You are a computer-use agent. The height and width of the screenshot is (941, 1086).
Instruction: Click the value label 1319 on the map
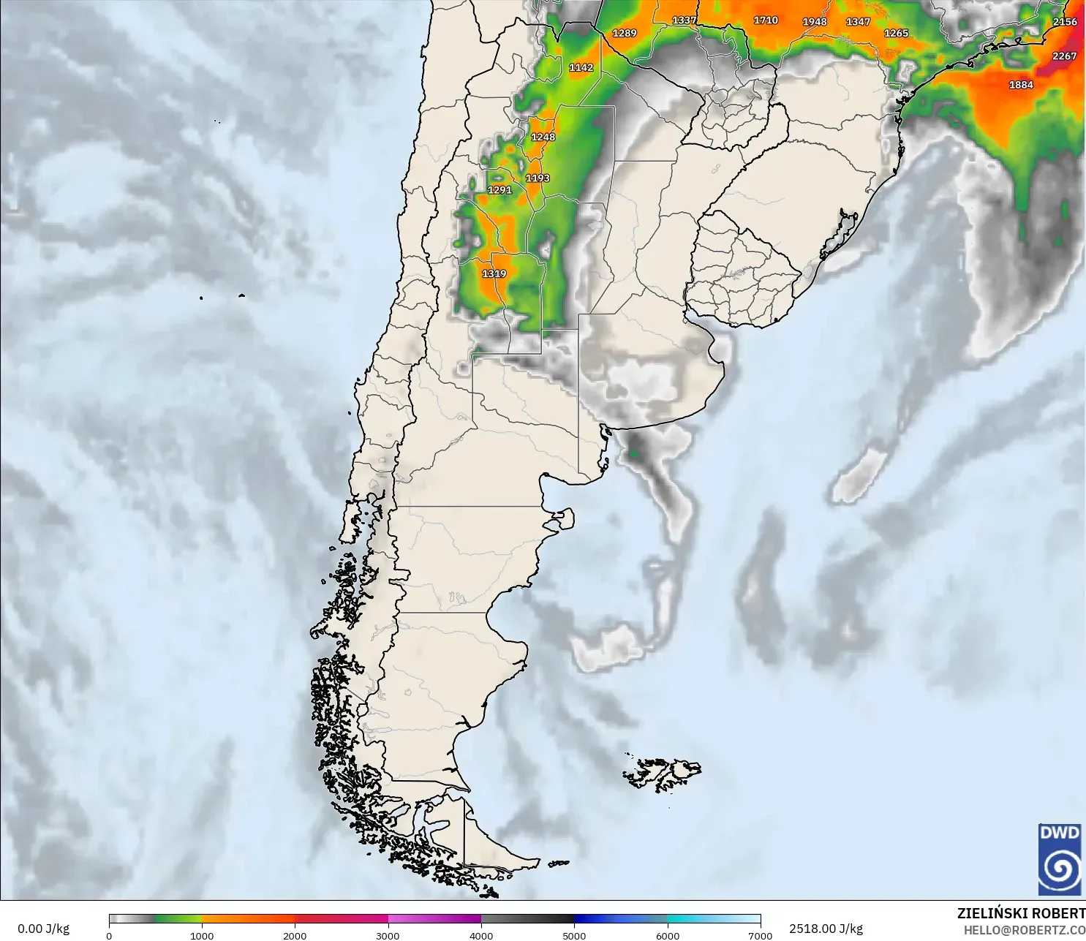pyautogui.click(x=494, y=273)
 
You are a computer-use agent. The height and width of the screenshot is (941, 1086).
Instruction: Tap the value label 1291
pyautogui.click(x=500, y=190)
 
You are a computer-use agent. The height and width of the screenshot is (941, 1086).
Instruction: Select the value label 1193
pyautogui.click(x=538, y=178)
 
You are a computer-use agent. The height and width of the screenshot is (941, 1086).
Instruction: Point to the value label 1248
pyautogui.click(x=543, y=137)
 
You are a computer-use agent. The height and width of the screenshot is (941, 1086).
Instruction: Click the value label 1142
pyautogui.click(x=581, y=67)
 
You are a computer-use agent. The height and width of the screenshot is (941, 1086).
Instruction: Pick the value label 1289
pyautogui.click(x=625, y=34)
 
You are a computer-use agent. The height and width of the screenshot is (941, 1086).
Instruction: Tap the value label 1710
pyautogui.click(x=766, y=20)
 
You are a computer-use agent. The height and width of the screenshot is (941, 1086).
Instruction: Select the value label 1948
pyautogui.click(x=815, y=22)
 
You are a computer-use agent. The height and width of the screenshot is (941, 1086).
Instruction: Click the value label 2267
pyautogui.click(x=1064, y=56)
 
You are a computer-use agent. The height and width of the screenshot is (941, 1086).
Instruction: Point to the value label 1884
pyautogui.click(x=1021, y=85)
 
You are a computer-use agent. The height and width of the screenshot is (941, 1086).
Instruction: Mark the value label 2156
pyautogui.click(x=1065, y=22)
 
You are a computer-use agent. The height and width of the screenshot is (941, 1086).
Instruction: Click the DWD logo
pyautogui.click(x=1060, y=859)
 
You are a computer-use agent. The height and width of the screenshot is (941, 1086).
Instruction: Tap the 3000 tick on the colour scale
pyautogui.click(x=388, y=935)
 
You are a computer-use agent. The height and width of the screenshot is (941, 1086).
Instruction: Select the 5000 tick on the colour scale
pyautogui.click(x=574, y=935)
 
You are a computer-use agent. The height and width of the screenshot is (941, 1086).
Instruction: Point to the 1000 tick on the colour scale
pyautogui.click(x=202, y=935)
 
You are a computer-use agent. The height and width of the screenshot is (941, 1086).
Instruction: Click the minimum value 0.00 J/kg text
pyautogui.click(x=43, y=929)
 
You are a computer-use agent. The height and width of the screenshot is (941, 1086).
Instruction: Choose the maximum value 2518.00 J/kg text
pyautogui.click(x=826, y=929)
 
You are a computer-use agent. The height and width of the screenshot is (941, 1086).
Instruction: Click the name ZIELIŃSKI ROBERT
pyautogui.click(x=1021, y=913)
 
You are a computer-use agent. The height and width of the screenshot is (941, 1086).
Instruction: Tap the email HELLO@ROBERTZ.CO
pyautogui.click(x=1024, y=930)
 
